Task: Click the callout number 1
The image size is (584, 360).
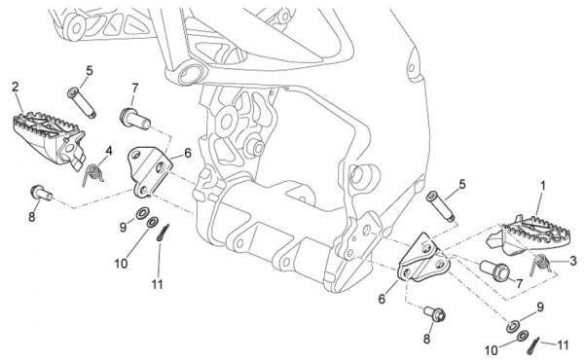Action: point(542,185)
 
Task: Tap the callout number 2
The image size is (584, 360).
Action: point(15,87)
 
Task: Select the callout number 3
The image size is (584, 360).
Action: point(573,260)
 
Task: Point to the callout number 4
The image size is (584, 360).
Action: point(109,151)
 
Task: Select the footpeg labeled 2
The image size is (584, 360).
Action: point(48,137)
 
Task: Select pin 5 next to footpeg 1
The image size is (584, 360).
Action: point(441,206)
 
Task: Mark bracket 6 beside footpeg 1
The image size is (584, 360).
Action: point(423,258)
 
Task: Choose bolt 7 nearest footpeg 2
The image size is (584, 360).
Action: point(134,119)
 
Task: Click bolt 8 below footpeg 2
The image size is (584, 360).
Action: point(41,193)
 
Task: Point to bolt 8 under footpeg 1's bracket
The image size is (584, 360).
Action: point(435,314)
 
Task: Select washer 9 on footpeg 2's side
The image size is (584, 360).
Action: point(142,214)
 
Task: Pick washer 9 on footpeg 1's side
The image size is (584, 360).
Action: point(513,326)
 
